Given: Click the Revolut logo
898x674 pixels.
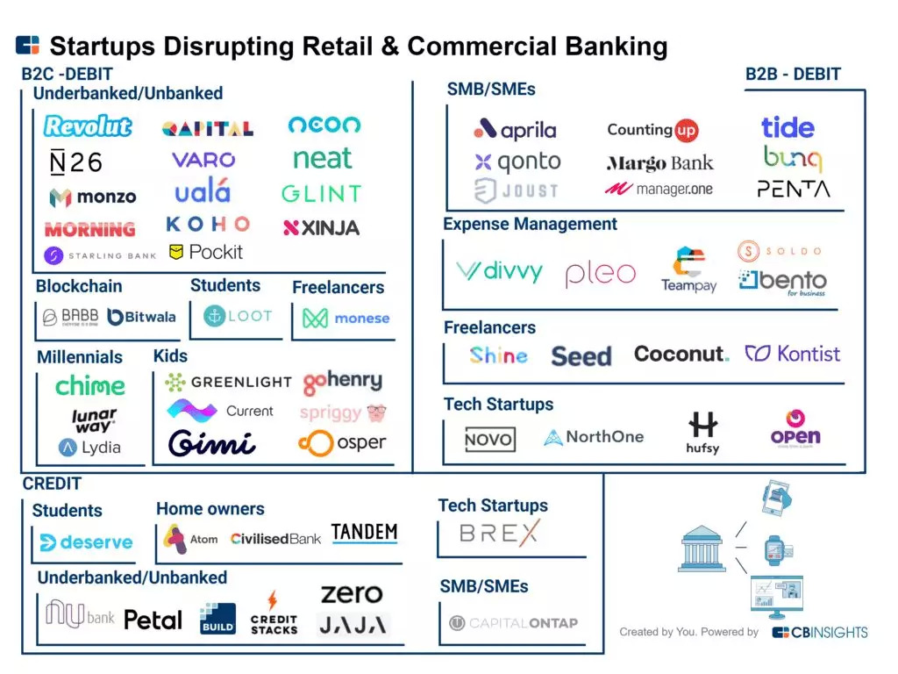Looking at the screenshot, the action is [x=88, y=126].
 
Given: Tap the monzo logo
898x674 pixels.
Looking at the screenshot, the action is [x=93, y=197].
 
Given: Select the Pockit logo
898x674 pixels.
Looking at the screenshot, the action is [x=206, y=253].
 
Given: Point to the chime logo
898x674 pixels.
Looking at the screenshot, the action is [x=90, y=386].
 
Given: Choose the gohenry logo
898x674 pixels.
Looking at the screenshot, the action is [x=343, y=383].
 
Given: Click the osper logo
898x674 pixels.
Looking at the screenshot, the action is [x=342, y=443].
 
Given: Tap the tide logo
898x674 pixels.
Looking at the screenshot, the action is [x=788, y=128].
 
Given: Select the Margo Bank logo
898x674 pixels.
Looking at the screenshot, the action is [x=659, y=163].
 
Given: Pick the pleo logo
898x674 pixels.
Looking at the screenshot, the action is [x=600, y=274].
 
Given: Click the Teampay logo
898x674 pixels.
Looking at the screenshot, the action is [x=688, y=270].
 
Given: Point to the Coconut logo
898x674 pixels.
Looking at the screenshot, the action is [x=681, y=355].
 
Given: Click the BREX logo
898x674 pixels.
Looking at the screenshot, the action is [x=499, y=533].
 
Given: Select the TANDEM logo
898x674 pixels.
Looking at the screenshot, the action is [x=364, y=533].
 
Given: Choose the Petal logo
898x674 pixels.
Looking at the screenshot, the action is [x=153, y=620].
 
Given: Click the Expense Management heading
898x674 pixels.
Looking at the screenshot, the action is [x=530, y=225].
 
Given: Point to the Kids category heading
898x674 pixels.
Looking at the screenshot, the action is [x=170, y=356].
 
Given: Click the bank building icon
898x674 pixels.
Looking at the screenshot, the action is [x=702, y=550].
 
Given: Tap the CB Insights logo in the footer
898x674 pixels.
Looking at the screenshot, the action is [x=819, y=632].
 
